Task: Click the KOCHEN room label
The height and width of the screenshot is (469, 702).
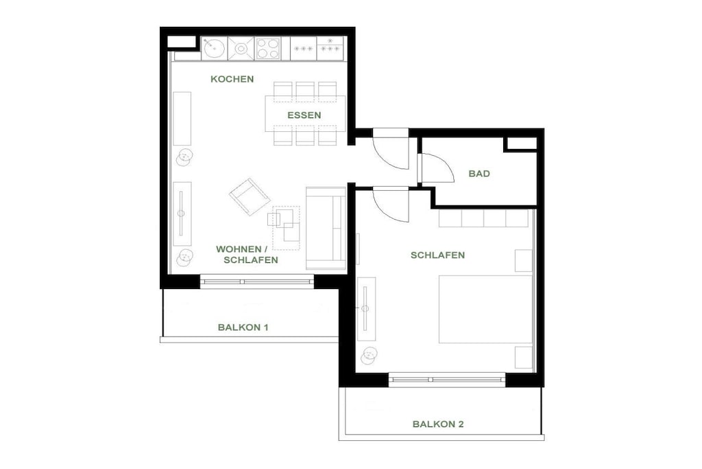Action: [232, 80]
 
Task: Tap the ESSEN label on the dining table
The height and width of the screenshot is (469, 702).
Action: [304, 115]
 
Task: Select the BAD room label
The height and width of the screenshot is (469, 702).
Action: [479, 174]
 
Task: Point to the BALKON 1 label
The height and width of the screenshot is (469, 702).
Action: [243, 328]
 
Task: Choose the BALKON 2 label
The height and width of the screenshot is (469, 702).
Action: [438, 424]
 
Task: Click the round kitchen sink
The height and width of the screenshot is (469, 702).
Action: [215, 48]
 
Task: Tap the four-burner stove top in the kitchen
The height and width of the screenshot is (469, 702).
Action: [268, 49]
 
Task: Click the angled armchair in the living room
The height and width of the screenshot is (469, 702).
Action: [250, 196]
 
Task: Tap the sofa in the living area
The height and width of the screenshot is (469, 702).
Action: [326, 228]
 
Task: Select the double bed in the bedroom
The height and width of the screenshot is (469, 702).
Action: [485, 309]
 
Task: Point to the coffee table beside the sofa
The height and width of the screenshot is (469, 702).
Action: [286, 228]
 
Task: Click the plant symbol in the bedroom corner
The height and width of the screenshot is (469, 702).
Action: [370, 356]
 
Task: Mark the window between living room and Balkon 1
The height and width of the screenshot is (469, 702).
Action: [256, 282]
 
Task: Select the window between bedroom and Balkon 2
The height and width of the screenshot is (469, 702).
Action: [447, 380]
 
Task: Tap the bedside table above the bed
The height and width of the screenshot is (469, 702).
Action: [523, 260]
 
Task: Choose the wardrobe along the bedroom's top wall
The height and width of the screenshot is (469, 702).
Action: [483, 218]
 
